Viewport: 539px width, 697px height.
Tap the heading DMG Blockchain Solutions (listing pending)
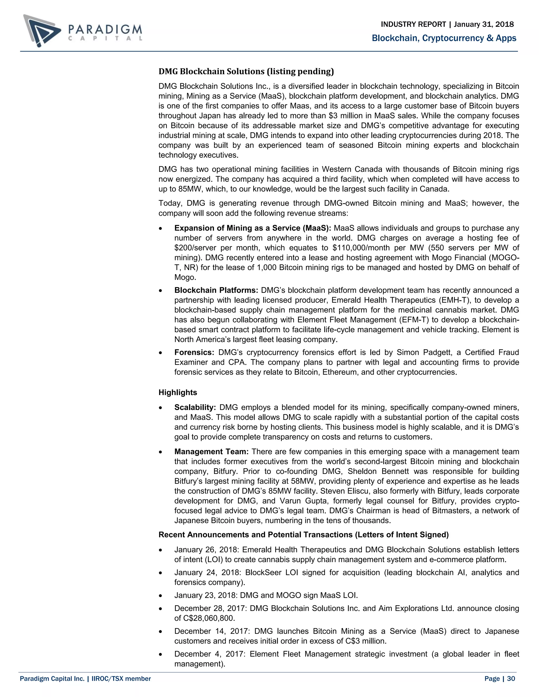[246, 71]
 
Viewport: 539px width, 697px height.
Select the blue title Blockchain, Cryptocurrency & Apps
[444, 38]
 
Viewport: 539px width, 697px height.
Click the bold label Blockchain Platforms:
[216, 290]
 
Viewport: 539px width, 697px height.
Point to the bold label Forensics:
[194, 352]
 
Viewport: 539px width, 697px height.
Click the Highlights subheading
[178, 392]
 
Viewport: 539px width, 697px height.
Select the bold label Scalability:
[195, 407]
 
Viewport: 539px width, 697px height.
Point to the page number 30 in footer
[511, 679]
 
